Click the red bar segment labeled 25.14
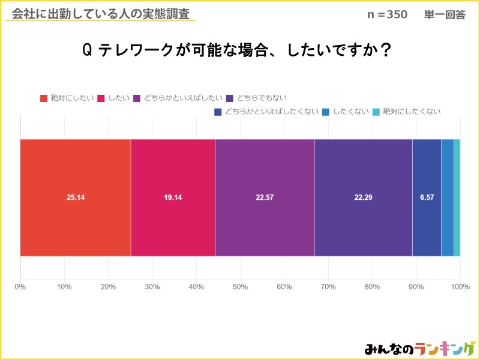[76, 198]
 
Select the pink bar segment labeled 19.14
[173, 198]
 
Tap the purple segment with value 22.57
[265, 198]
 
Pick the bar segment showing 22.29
[363, 198]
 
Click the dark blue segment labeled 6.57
[427, 198]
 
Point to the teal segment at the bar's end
[457, 198]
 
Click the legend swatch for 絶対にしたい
[43, 98]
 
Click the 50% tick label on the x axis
[240, 287]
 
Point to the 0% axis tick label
[20, 287]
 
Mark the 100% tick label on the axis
[460, 287]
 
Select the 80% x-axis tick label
[372, 287]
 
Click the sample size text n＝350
[387, 15]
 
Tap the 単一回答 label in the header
[445, 15]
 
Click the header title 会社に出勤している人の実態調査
[100, 13]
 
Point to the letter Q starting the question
[86, 51]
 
